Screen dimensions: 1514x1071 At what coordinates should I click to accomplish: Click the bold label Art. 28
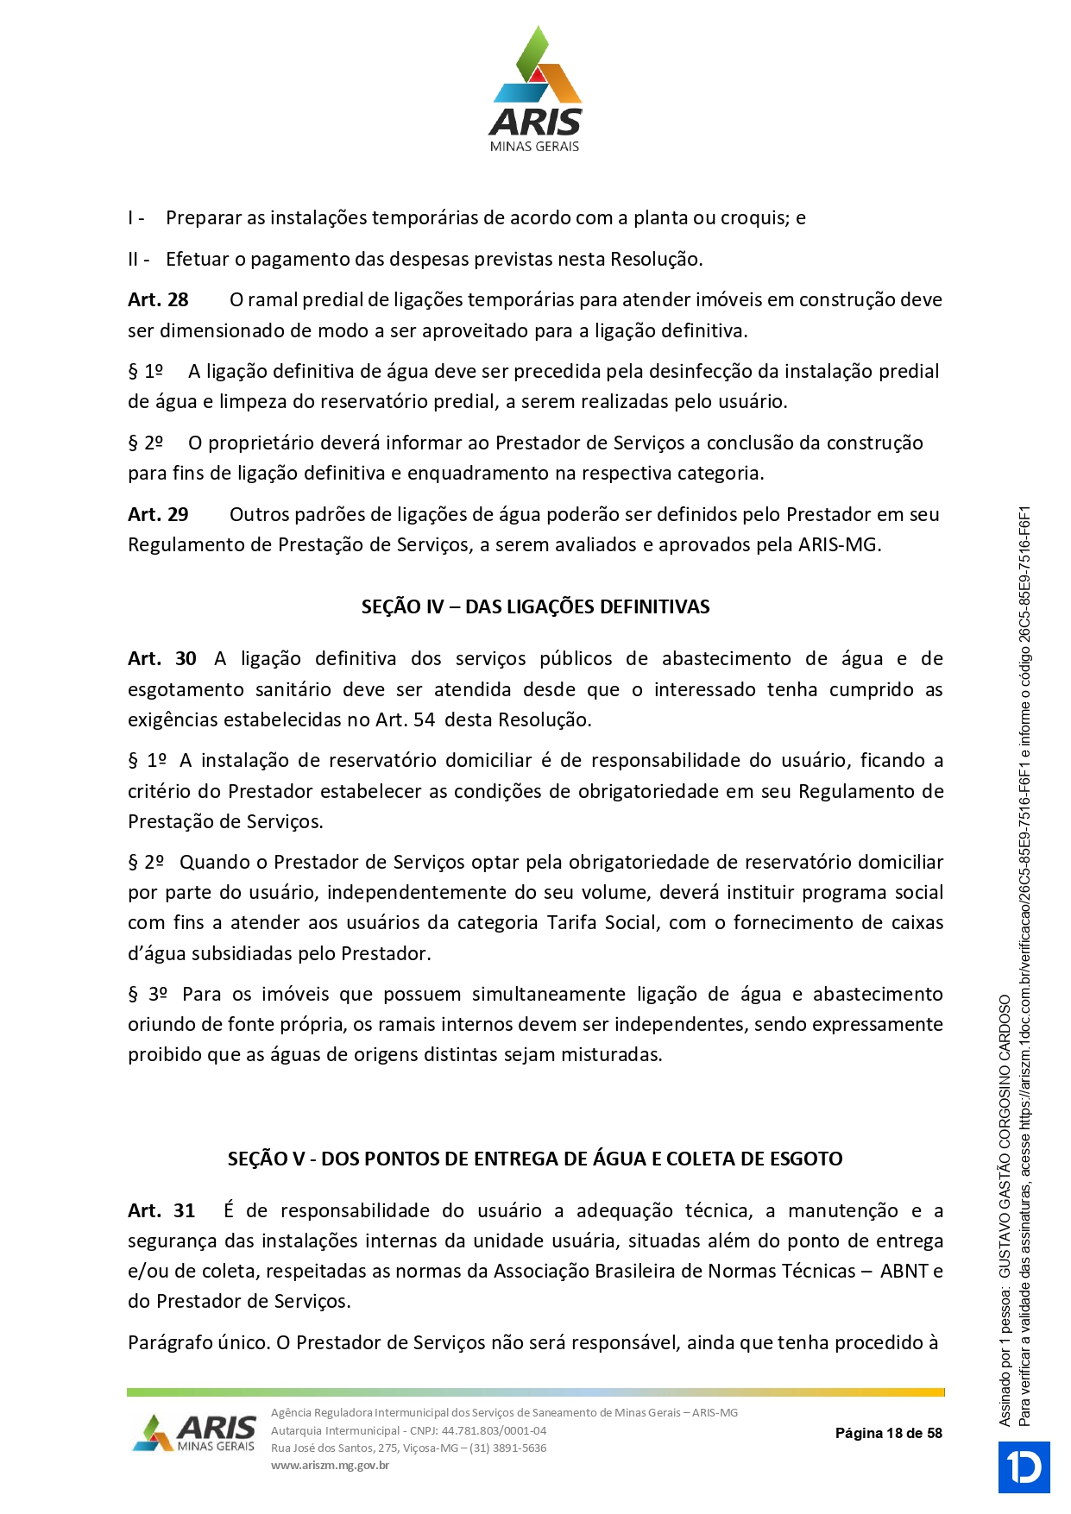click(158, 299)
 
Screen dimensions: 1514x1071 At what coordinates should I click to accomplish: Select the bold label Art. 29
click(158, 514)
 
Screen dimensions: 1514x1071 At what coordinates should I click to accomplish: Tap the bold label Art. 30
click(162, 658)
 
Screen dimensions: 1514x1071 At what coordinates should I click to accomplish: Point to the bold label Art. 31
click(161, 1210)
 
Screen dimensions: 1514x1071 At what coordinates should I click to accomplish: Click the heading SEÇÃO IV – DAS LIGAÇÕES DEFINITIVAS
click(535, 606)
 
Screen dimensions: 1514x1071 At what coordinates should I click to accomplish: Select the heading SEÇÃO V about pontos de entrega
click(535, 1159)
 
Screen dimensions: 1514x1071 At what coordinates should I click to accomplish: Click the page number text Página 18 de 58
click(888, 1433)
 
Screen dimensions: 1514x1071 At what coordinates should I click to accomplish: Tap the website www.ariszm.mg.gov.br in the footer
click(330, 1465)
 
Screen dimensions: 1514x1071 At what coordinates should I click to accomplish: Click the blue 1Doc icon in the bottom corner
click(1024, 1467)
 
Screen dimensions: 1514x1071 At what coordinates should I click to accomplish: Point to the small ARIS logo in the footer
click(195, 1433)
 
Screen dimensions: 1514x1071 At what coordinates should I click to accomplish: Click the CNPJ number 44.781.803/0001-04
click(494, 1430)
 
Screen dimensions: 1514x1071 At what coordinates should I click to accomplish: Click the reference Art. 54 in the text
click(405, 719)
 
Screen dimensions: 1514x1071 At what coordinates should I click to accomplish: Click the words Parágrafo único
click(198, 1342)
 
